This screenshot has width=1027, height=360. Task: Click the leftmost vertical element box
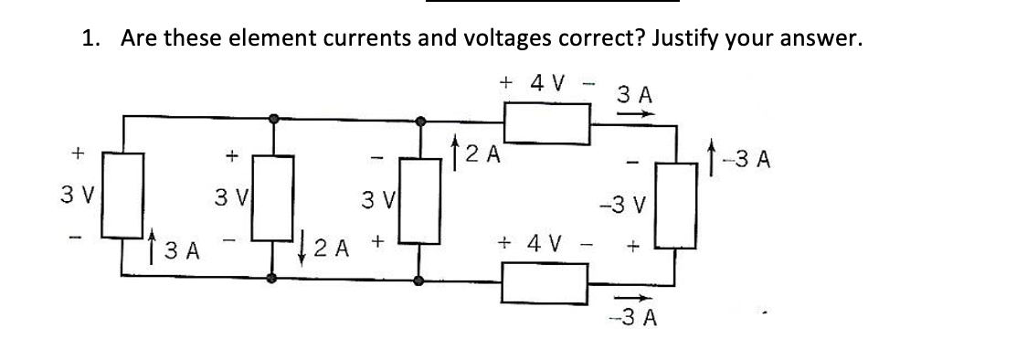pyautogui.click(x=124, y=197)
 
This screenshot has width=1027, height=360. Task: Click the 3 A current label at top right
pyautogui.click(x=634, y=93)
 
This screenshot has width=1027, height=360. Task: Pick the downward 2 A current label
pyautogui.click(x=325, y=245)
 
